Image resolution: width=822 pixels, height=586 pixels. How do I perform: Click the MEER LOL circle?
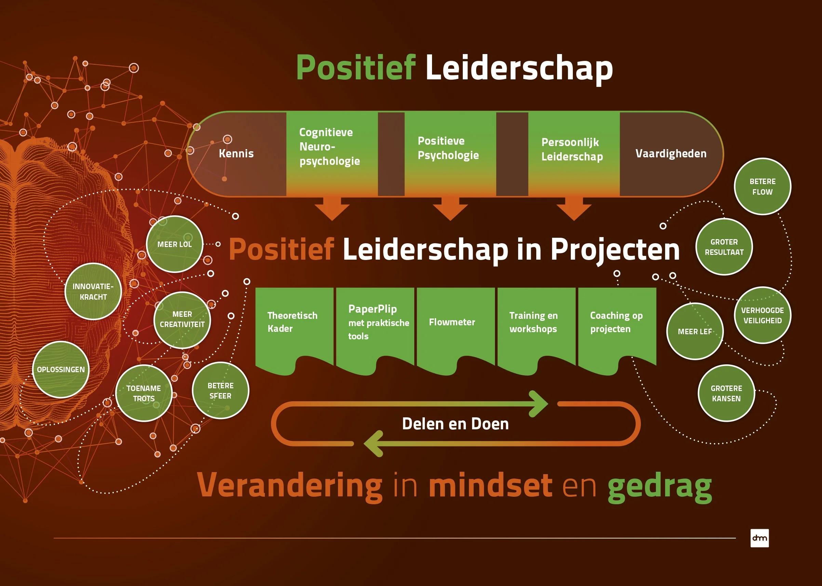(175, 244)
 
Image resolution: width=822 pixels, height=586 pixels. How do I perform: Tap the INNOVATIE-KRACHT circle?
(93, 291)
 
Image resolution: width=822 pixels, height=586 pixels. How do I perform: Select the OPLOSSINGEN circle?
(60, 369)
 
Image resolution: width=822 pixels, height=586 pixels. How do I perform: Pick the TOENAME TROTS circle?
(144, 393)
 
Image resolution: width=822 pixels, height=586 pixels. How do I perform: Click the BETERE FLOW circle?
(763, 186)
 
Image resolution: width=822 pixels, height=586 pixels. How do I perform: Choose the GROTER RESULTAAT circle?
(724, 247)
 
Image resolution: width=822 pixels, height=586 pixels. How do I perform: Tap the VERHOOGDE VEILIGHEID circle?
(763, 315)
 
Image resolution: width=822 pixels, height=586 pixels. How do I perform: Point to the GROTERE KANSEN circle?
(726, 393)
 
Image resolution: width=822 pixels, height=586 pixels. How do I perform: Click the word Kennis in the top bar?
(236, 153)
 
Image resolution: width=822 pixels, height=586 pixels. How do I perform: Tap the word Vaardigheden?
(671, 154)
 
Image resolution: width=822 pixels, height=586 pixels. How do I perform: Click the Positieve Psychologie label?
(448, 148)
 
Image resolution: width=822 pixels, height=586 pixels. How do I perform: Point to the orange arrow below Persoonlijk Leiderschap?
(574, 209)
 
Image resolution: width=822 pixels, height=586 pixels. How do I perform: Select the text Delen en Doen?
(455, 424)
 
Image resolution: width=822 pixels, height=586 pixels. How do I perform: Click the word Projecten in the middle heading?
(615, 250)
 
